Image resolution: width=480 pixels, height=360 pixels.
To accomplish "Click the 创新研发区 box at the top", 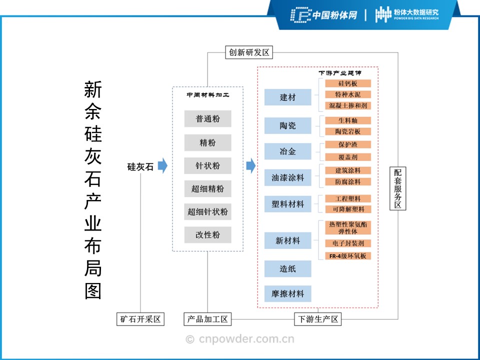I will pos(249,52).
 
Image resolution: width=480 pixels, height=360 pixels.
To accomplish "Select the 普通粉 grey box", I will pos(207,119).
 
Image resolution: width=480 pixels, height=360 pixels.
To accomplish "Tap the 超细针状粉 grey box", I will pos(207,211).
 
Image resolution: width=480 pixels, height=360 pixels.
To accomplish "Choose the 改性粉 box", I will pos(207,234).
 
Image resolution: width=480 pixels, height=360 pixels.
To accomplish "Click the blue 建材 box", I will pos(287,97).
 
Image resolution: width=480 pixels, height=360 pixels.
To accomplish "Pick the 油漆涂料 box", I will pos(287,177).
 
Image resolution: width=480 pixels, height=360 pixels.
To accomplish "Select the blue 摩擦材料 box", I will pos(287,293).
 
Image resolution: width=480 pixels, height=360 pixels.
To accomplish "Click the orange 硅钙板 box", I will pos(348,83).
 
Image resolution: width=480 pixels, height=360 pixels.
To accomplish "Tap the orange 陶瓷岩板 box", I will pos(348,131).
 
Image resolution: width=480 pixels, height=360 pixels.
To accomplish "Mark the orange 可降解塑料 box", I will pos(348,209).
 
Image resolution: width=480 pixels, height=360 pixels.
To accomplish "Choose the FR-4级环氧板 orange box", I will pos(348,256).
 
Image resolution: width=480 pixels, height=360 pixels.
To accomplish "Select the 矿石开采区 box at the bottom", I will pos(140,319).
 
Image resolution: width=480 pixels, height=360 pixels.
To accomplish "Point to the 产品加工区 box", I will pos(207,319).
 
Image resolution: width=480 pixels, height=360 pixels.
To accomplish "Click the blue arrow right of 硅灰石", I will pos(162,166).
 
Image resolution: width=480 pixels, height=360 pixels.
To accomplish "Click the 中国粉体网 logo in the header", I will pos(324,15).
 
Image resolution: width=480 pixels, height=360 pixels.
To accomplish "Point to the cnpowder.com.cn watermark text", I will pos(240,339).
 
